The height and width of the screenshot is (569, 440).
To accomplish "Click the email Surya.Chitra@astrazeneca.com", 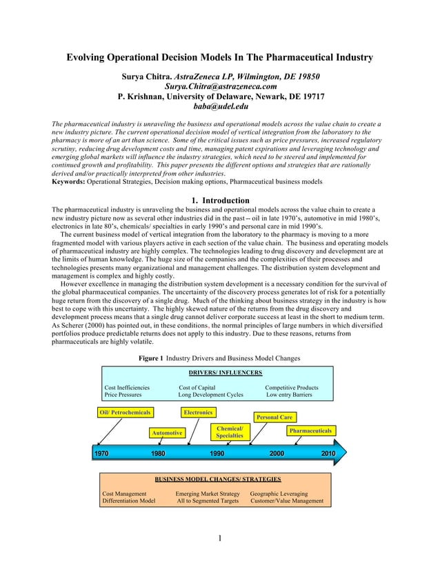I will tap(220, 87).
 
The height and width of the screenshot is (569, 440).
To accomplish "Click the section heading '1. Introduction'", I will tap(219, 200).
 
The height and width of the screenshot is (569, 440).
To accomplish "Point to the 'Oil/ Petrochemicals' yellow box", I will tap(124, 413).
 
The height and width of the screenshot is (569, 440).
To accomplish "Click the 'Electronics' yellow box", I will tap(198, 413).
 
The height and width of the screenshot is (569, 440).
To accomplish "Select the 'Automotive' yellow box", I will tap(167, 433).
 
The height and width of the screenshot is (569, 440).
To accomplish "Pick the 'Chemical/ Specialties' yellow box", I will tap(229, 432).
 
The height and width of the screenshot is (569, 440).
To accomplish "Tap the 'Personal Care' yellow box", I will tap(274, 417).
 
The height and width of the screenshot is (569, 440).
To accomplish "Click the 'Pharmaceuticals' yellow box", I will tap(311, 431).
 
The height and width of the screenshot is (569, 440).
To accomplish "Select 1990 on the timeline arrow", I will tap(217, 453).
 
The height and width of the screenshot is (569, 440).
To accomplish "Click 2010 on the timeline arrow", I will tap(328, 453).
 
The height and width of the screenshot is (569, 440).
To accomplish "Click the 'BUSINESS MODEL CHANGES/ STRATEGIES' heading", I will tap(217, 478).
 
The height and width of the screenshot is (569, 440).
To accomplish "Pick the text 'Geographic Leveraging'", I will tap(279, 494).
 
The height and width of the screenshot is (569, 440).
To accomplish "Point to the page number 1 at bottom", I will tap(219, 538).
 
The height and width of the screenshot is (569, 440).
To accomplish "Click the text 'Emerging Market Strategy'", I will tap(208, 494).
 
